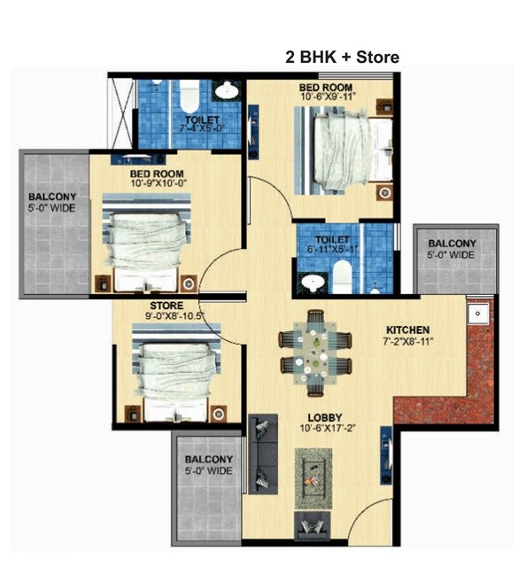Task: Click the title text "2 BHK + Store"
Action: coord(341,58)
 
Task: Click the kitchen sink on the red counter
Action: coord(477,313)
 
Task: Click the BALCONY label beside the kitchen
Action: coord(452,244)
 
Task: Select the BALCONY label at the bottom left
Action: coord(209,459)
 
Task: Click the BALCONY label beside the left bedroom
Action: coord(51,197)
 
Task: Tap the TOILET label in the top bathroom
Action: coord(203,120)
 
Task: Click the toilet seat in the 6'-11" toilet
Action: coord(312,282)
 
